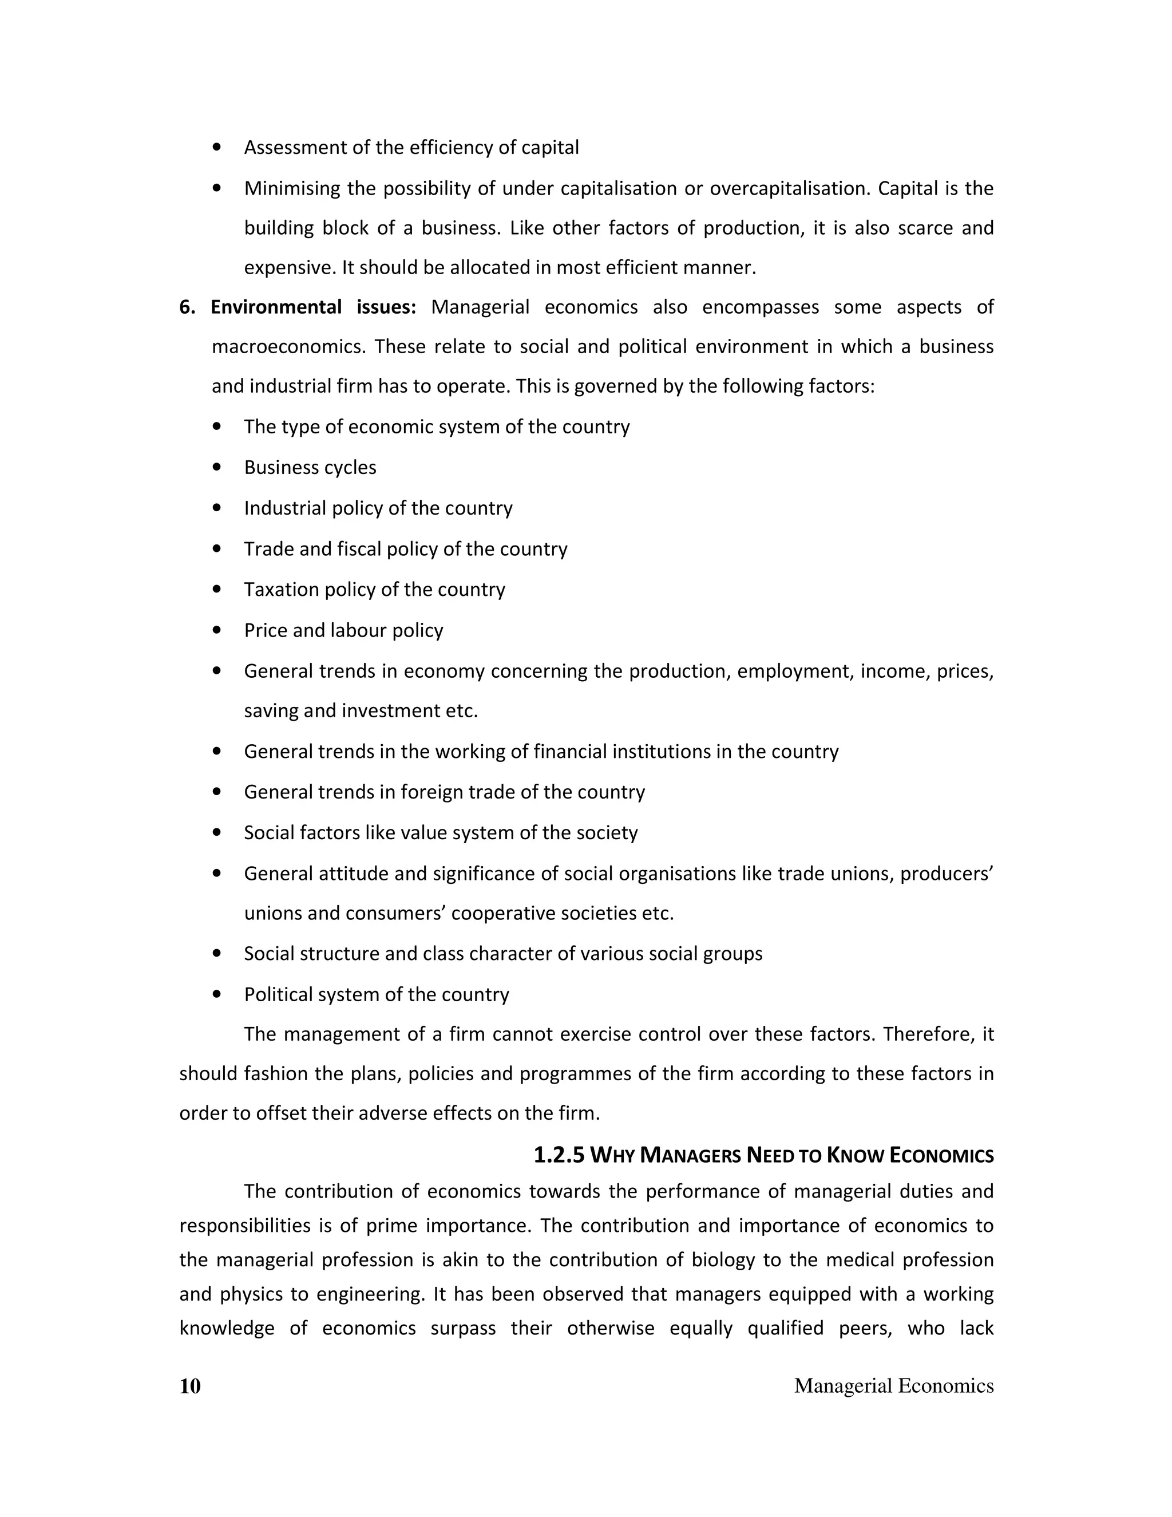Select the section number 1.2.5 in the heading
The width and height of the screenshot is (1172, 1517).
(x=559, y=1155)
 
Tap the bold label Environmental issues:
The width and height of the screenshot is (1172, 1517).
(x=313, y=307)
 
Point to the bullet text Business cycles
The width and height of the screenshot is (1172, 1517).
(x=310, y=468)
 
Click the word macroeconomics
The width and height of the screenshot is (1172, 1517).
(x=287, y=346)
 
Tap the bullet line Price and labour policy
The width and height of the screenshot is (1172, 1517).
(x=343, y=630)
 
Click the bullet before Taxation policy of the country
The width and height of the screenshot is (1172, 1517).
(x=218, y=590)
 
